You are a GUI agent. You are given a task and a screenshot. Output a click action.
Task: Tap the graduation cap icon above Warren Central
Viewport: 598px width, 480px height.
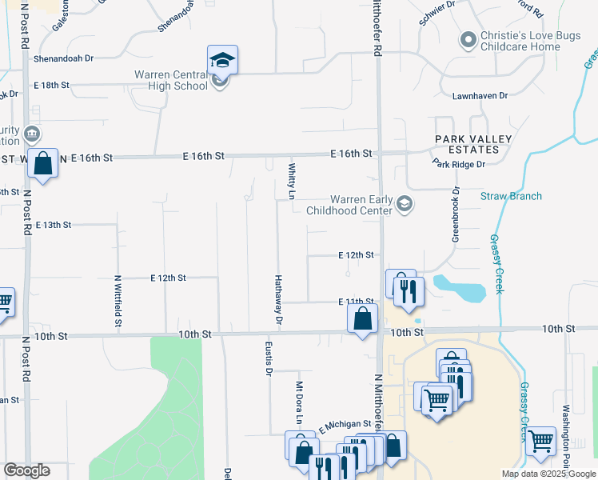point(222,59)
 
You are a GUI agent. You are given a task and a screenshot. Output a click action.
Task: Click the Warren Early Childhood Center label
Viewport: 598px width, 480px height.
point(362,205)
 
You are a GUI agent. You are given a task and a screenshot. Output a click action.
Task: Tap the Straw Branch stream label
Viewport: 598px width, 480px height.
point(511,196)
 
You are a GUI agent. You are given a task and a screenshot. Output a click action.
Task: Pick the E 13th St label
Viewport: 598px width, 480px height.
point(53,225)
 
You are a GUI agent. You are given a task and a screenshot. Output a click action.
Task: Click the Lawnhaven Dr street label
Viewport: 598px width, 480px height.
point(480,95)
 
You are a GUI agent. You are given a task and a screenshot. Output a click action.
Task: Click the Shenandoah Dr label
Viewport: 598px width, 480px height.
point(63,58)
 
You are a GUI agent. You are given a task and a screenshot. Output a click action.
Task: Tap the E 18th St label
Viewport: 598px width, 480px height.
point(52,85)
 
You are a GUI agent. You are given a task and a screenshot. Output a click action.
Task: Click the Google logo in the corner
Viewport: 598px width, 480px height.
point(26,470)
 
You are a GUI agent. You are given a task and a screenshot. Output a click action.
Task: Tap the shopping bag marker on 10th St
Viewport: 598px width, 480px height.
point(363,318)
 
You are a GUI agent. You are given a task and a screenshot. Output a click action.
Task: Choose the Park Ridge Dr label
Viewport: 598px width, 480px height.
point(459,164)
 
